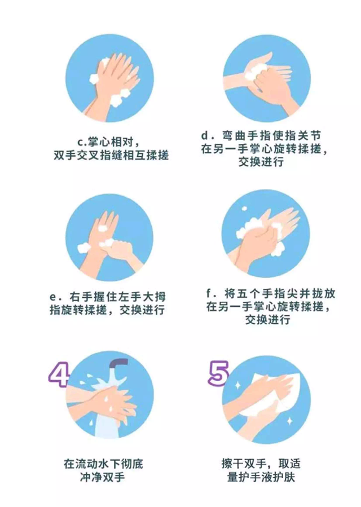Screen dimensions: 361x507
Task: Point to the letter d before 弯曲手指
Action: click(206, 135)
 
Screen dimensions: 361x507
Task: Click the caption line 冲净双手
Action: click(103, 477)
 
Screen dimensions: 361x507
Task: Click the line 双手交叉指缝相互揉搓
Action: click(111, 155)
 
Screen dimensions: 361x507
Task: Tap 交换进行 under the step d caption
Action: click(261, 161)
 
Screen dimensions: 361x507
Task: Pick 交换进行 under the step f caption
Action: click(267, 319)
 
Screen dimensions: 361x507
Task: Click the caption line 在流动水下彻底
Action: click(103, 464)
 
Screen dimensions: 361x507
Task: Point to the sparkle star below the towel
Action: click(290, 421)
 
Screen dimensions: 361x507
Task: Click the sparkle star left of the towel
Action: click(237, 385)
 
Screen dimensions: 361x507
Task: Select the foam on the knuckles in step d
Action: click(256, 72)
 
